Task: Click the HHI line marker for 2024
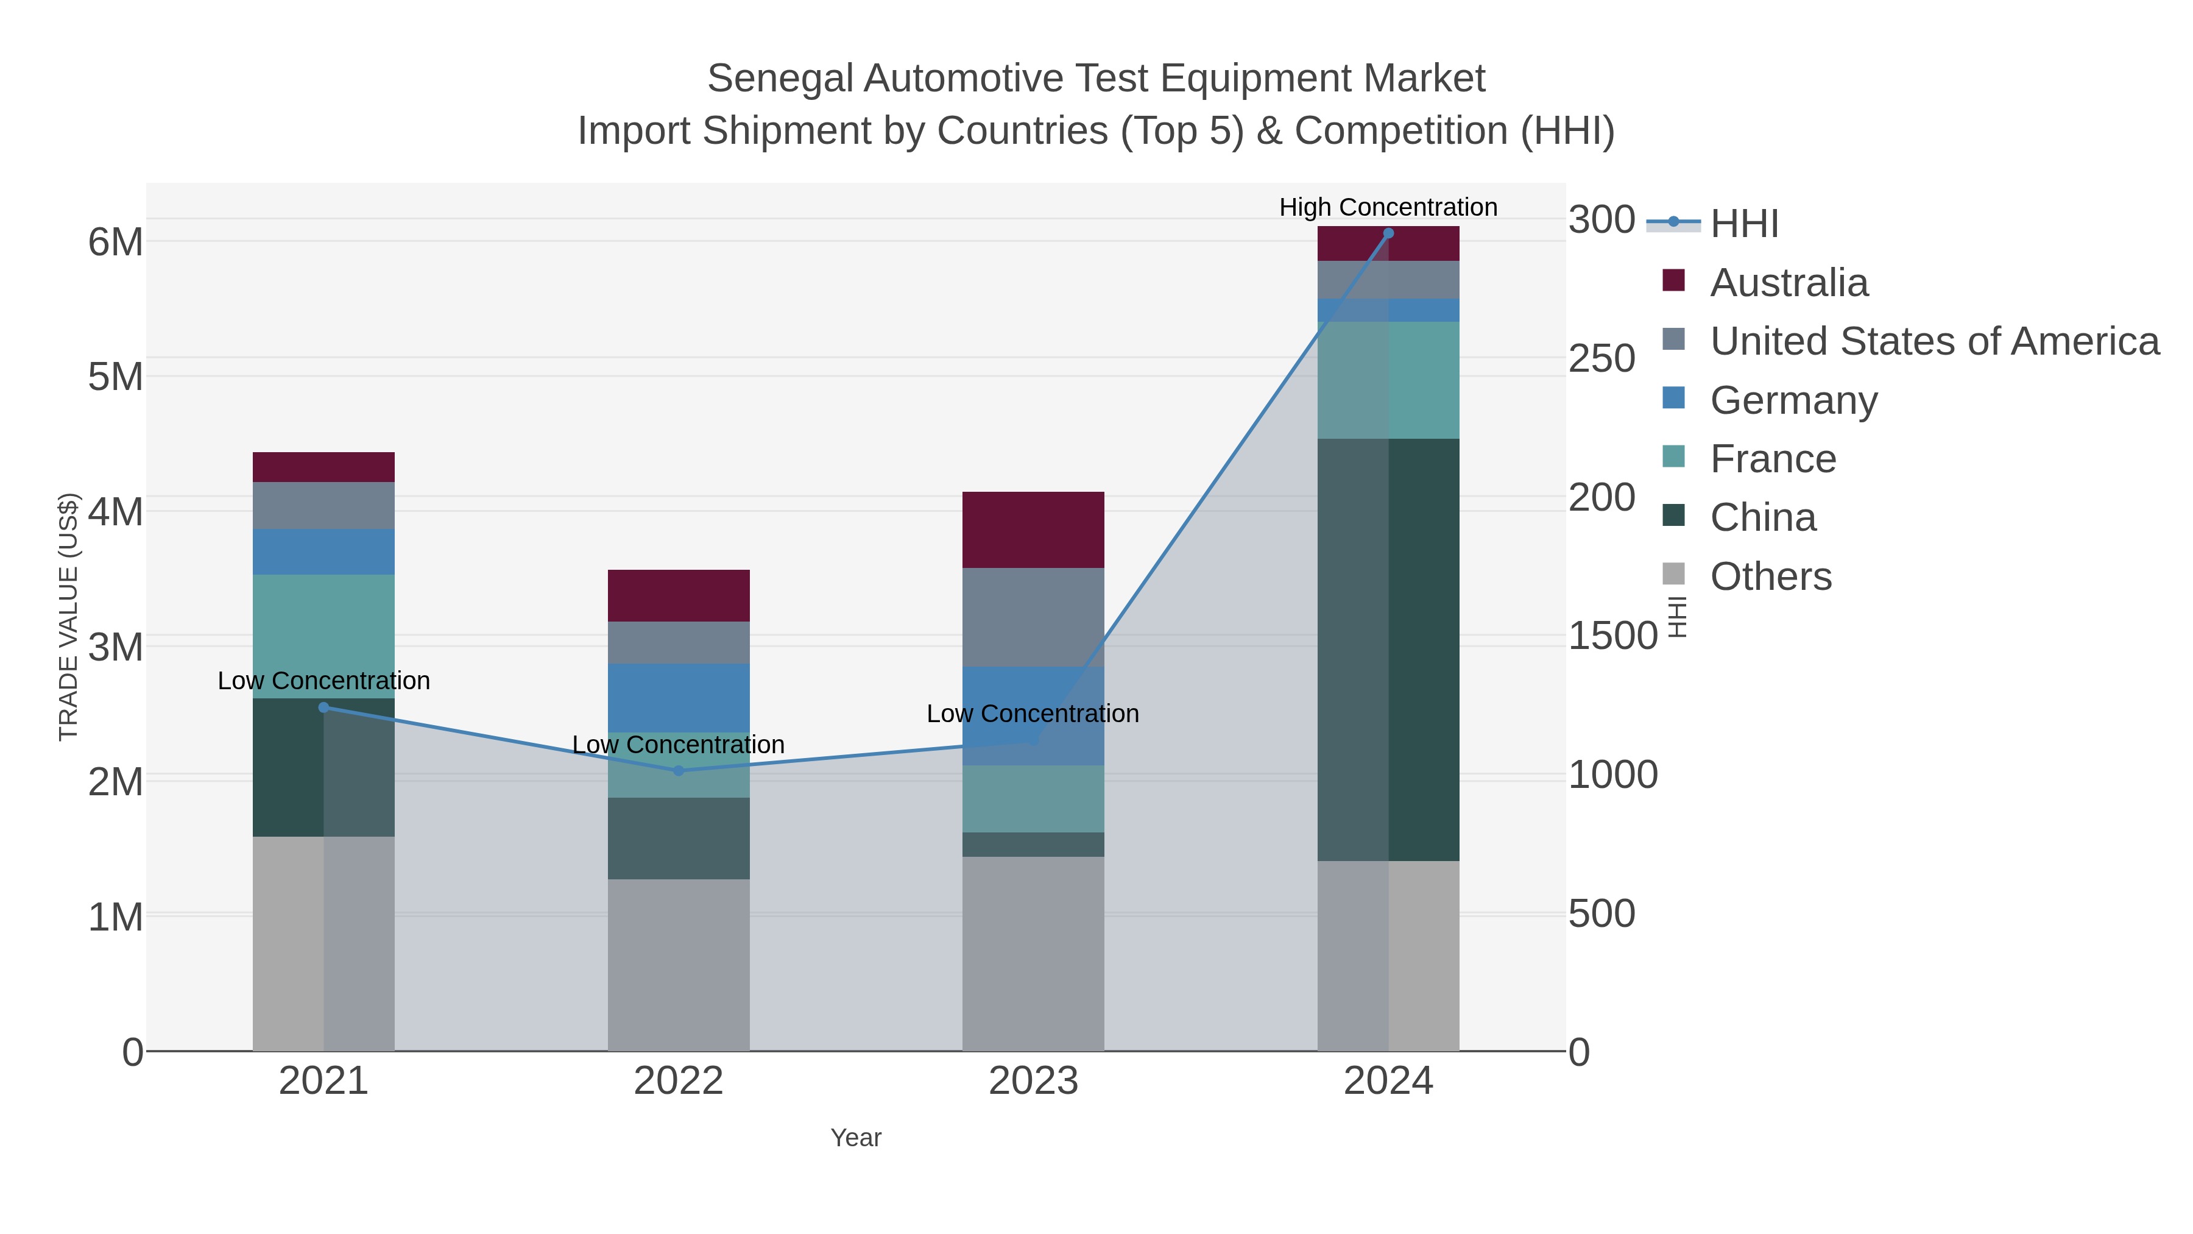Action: tap(1388, 233)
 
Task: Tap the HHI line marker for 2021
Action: tap(323, 707)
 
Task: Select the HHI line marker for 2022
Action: tap(679, 771)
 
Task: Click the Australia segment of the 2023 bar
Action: tap(1033, 530)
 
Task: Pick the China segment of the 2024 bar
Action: tap(1388, 649)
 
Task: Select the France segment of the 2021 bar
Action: tap(323, 636)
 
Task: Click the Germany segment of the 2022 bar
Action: tap(679, 698)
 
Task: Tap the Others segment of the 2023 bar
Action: tap(1033, 953)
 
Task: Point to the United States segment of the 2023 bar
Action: tap(1033, 617)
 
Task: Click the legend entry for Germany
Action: tap(1793, 400)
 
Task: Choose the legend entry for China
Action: tap(1762, 518)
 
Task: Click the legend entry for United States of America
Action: tap(1933, 341)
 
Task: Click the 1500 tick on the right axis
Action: tap(1612, 636)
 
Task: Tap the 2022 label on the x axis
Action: tap(679, 1082)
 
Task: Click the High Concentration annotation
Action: tap(1388, 207)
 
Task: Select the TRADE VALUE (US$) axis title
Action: tap(69, 617)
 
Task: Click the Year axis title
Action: tap(856, 1138)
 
